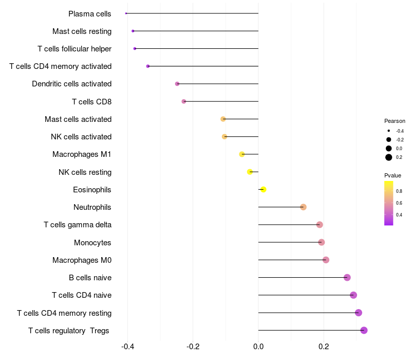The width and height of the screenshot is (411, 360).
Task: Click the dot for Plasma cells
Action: point(126,13)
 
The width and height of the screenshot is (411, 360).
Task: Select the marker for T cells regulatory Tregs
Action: point(364,330)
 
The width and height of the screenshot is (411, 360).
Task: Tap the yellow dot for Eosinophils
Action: point(263,189)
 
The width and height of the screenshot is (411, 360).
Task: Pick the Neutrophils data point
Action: point(303,207)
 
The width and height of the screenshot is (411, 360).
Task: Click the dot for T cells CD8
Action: point(184,101)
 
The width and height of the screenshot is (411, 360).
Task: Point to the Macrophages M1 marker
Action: point(242,154)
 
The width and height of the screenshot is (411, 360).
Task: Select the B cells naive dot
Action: point(347,277)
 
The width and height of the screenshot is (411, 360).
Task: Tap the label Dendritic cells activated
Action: point(71,84)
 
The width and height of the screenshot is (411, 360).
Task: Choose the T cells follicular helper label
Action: point(74,48)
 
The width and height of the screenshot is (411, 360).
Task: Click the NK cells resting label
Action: point(85,172)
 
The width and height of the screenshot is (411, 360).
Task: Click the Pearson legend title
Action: point(395,121)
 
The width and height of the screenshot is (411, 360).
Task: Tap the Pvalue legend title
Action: point(393,175)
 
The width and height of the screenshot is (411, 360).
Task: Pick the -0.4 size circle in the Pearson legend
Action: point(389,131)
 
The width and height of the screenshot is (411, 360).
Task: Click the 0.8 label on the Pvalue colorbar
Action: point(399,191)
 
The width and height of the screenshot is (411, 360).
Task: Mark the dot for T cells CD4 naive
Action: point(353,295)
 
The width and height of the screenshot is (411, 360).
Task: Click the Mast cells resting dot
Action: point(133,31)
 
